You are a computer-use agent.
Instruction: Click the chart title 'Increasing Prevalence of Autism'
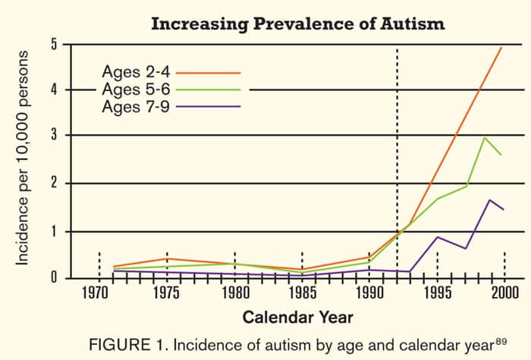(x=297, y=23)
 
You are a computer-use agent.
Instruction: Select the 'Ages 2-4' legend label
(x=134, y=73)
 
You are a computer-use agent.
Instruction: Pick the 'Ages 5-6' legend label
(x=134, y=89)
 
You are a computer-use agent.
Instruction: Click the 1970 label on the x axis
(x=99, y=293)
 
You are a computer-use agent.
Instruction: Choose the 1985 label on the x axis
(x=302, y=293)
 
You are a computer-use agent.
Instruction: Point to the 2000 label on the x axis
(x=504, y=293)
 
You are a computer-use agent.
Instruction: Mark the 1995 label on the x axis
(x=437, y=293)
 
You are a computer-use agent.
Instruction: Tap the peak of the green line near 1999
(x=485, y=137)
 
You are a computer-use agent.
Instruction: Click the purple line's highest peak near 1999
(x=490, y=200)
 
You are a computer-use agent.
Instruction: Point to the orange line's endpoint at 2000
(x=502, y=47)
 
